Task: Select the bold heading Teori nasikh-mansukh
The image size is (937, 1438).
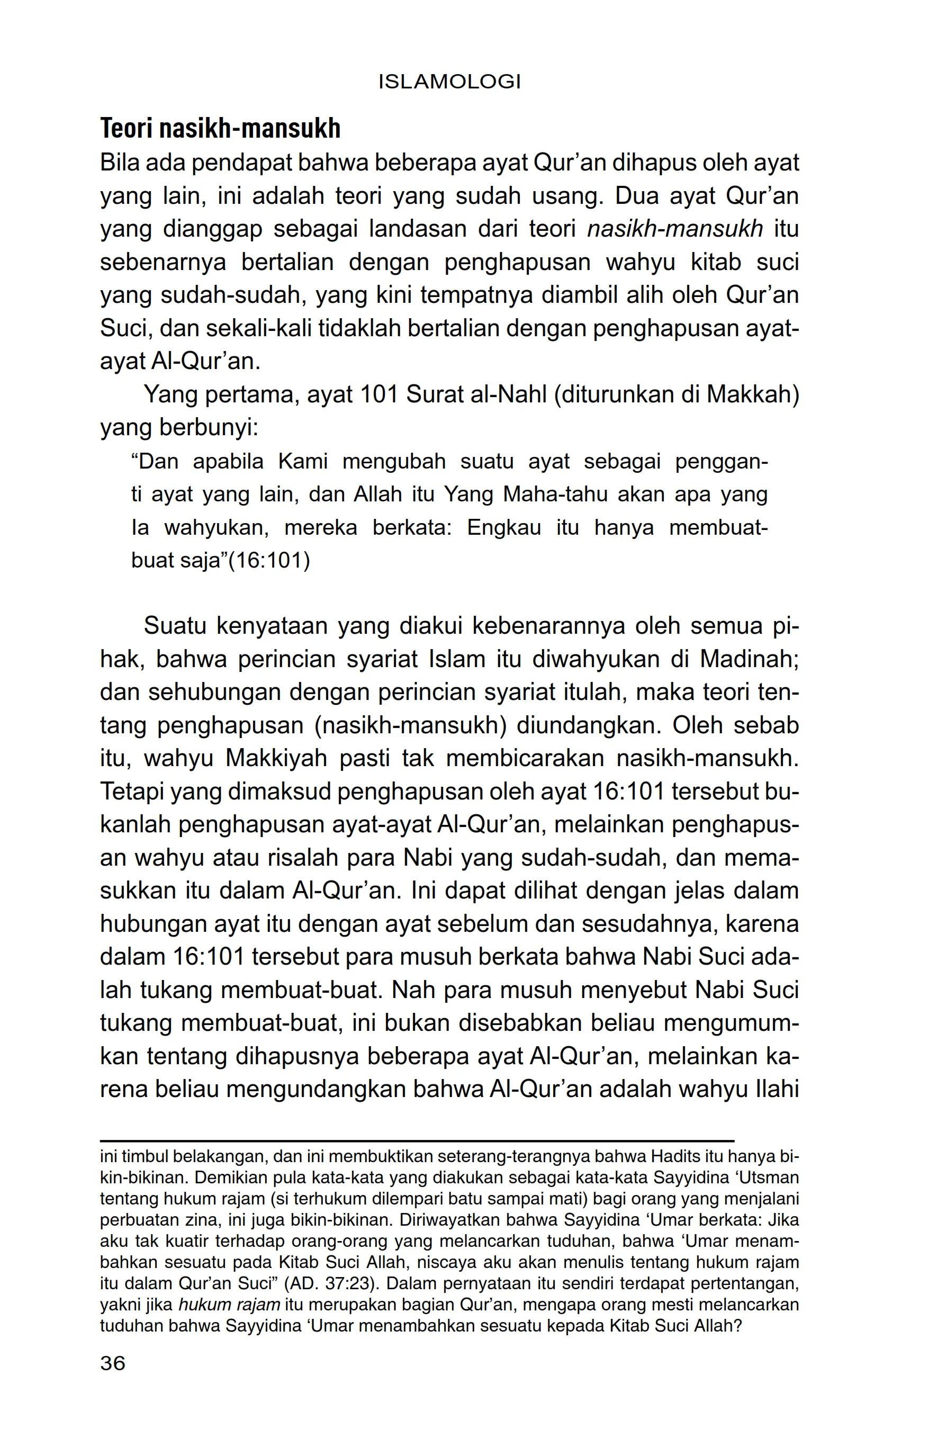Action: coord(221,129)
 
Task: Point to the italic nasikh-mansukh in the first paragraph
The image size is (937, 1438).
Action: coord(675,230)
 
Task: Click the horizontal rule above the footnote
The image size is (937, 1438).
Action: coord(417,1141)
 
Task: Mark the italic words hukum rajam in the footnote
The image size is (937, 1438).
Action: coord(229,1304)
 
